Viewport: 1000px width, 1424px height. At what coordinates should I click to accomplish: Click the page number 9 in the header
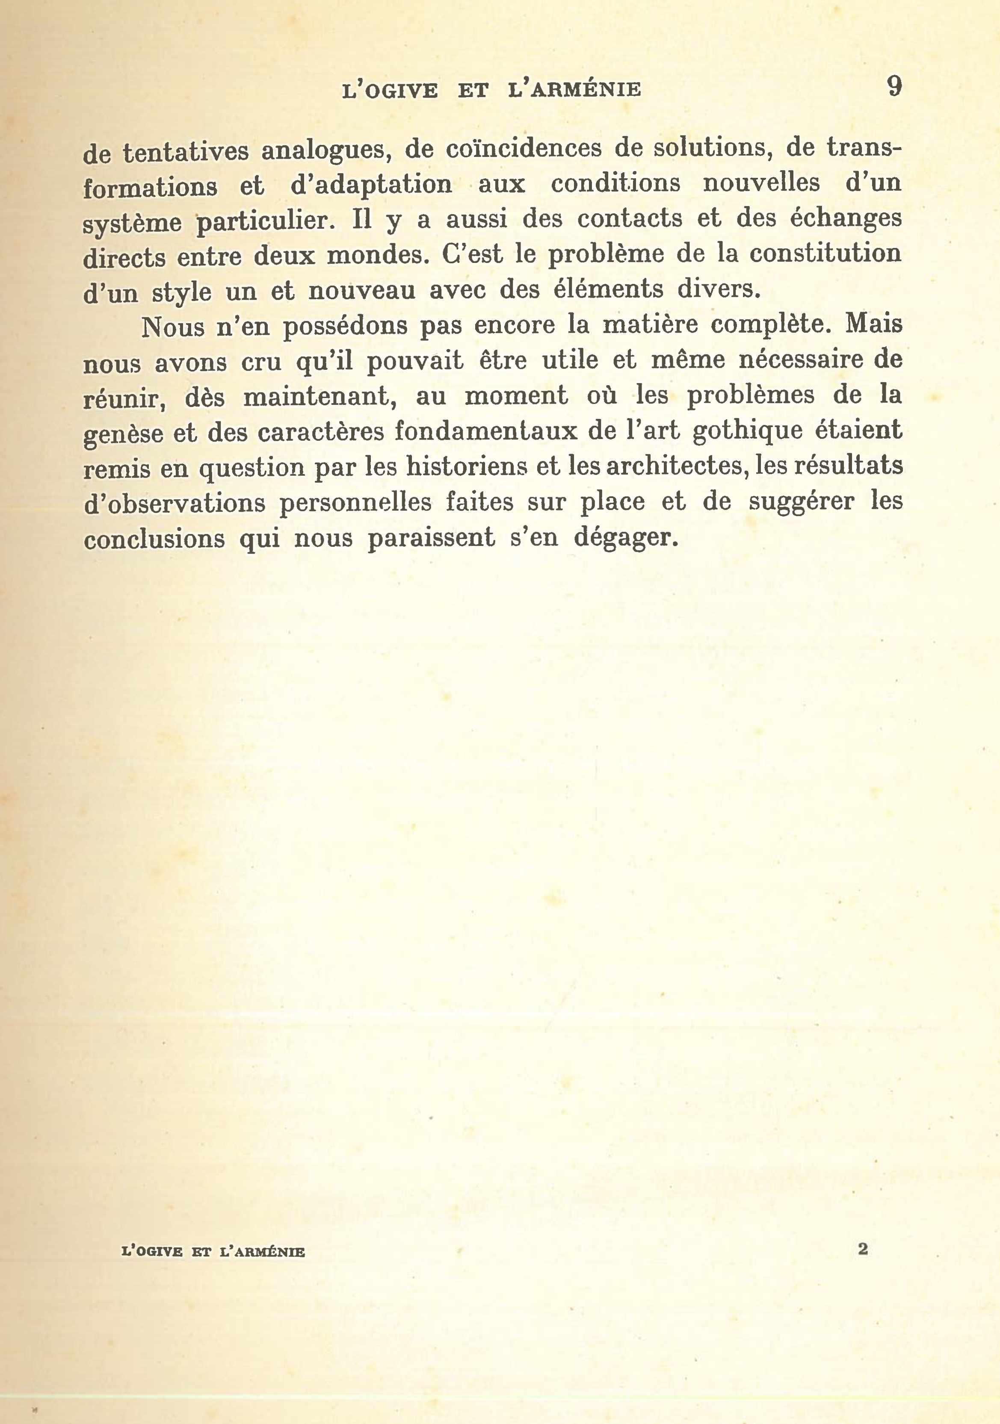893,87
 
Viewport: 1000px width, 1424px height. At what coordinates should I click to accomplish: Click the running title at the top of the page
491,91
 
